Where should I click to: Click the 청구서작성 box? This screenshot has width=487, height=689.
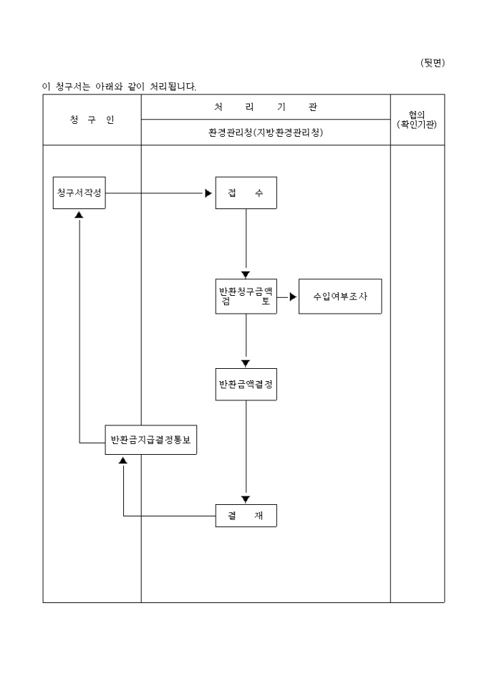click(x=79, y=193)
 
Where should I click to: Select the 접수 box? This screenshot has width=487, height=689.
click(x=246, y=193)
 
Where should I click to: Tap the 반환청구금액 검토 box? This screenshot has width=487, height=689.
click(x=246, y=297)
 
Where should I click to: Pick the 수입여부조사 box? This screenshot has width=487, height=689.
click(x=340, y=297)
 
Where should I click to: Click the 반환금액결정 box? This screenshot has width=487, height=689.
click(x=246, y=385)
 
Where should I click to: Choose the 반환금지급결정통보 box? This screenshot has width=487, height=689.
click(x=151, y=440)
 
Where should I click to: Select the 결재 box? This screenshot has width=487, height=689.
click(x=246, y=516)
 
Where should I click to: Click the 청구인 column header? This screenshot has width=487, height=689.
click(x=92, y=120)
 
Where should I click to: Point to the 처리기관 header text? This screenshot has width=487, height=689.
click(x=265, y=107)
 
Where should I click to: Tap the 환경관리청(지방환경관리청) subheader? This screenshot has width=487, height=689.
click(x=265, y=132)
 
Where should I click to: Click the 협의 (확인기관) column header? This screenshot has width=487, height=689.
click(x=417, y=120)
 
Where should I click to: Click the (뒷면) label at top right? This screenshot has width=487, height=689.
click(x=432, y=63)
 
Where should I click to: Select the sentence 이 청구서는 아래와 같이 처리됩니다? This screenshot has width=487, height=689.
click(x=119, y=87)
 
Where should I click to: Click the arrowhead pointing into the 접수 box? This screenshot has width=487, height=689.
click(x=208, y=193)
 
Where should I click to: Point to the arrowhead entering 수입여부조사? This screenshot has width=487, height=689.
click(x=292, y=297)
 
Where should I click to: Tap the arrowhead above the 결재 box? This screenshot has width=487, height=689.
click(x=246, y=499)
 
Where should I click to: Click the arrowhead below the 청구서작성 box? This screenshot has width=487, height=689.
click(x=79, y=214)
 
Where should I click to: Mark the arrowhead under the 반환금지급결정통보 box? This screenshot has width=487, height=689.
click(x=123, y=460)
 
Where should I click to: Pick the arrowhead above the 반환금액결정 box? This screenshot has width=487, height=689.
click(x=246, y=363)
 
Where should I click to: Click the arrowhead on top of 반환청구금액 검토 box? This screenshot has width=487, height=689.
click(x=246, y=274)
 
